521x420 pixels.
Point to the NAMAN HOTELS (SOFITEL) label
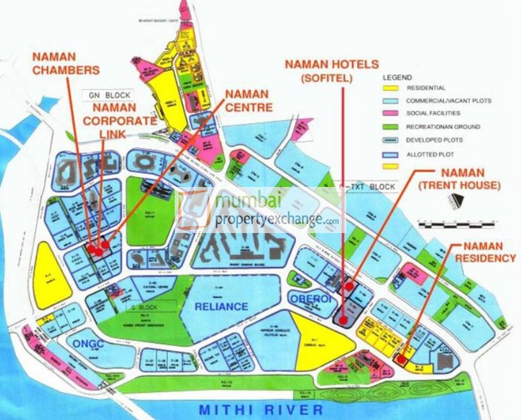click(331, 71)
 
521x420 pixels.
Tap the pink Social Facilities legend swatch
click(392, 113)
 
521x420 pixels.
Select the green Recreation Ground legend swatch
click(392, 126)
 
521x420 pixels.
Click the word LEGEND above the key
click(397, 76)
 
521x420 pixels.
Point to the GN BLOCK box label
click(109, 95)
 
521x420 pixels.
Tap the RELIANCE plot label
click(221, 306)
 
